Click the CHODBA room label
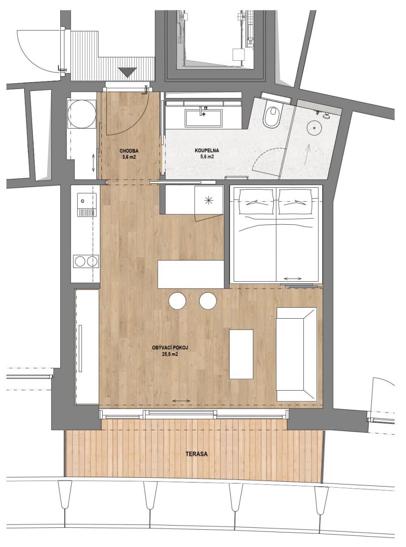pos(129,151)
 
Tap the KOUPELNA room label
pos(207,150)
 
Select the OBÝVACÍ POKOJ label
pos(170,348)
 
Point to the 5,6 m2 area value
pos(207,157)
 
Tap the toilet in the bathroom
pos(271,116)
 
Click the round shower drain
pos(314,128)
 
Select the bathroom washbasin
pos(204,119)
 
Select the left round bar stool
pos(177,301)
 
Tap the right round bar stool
pos(208,301)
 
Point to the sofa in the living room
pos(297,354)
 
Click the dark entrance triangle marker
pos(127,72)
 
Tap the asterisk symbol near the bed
pos(209,201)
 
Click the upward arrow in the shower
pos(307,155)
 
